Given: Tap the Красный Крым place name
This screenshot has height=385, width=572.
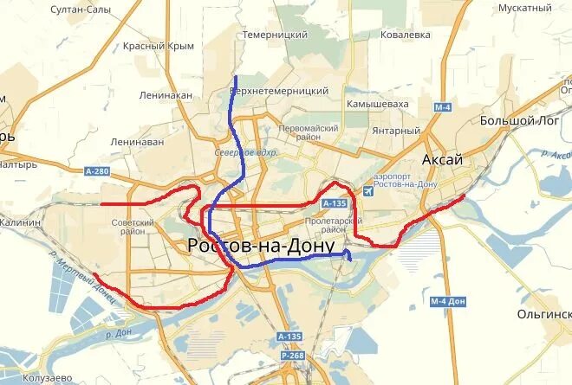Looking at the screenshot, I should (158, 45).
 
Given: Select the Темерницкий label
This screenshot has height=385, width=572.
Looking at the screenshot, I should (276, 34).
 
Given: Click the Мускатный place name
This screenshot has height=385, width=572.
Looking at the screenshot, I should (525, 8).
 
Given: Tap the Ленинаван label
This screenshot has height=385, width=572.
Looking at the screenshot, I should (137, 141).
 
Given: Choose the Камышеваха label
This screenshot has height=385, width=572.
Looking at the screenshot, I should (377, 103).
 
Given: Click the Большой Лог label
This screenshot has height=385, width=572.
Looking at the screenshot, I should (519, 120).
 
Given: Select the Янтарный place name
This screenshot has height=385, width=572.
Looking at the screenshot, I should (396, 131).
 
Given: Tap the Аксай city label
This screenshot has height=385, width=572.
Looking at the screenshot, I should (442, 160).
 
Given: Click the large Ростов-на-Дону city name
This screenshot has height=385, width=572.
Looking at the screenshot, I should (261, 247).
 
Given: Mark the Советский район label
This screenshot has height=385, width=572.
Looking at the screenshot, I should (133, 227).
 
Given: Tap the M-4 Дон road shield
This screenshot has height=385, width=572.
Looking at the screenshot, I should (448, 301).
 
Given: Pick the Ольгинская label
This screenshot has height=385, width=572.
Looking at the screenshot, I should (544, 314).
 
